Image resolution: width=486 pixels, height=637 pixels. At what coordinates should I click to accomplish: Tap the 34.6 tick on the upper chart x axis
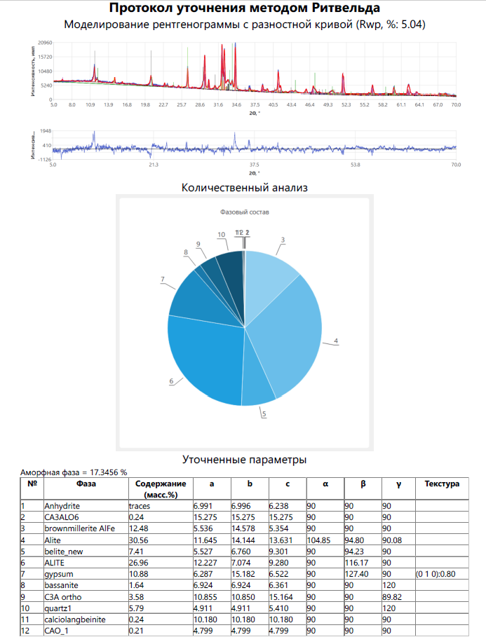tap(236, 104)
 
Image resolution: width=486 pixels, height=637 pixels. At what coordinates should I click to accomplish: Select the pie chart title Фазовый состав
tap(244, 212)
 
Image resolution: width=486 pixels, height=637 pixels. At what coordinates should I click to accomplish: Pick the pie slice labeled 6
tap(203, 364)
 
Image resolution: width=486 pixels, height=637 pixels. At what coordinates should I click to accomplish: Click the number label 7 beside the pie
tap(162, 280)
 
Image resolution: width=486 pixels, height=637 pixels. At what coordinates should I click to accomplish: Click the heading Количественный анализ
tap(244, 188)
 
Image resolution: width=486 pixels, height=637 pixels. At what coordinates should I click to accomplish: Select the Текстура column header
tap(442, 484)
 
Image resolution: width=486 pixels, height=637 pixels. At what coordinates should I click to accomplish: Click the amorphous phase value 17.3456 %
tap(104, 472)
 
